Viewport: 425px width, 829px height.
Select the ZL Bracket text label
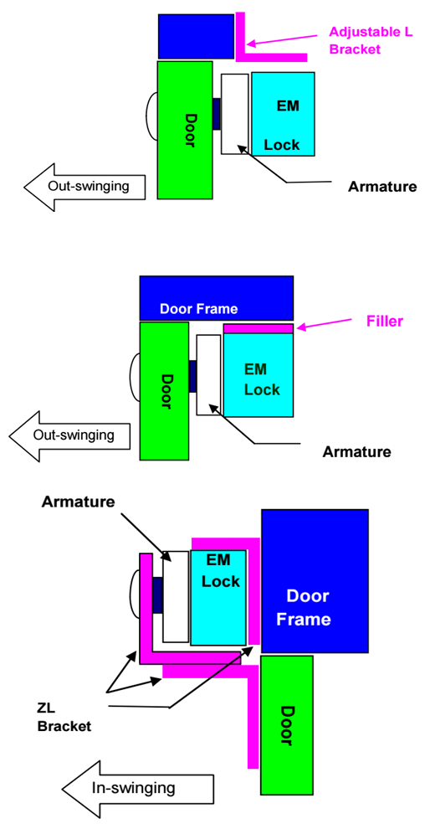coord(64,718)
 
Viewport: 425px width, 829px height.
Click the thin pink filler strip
coord(259,328)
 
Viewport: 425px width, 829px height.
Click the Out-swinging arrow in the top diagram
coord(85,188)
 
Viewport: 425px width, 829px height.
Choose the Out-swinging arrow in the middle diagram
coord(69,435)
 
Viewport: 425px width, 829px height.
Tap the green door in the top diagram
coord(185,130)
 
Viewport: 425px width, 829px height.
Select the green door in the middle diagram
coord(164,391)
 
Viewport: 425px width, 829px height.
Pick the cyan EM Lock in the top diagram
coord(283,114)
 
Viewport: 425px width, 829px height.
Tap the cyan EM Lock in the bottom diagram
coord(218,597)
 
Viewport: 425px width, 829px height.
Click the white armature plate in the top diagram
coord(234,114)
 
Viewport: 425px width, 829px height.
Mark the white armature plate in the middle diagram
coord(208,375)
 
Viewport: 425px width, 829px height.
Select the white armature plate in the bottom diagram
coord(176,596)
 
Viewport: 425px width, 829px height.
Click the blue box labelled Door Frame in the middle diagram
coord(217,297)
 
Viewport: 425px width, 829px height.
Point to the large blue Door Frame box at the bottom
coord(315,581)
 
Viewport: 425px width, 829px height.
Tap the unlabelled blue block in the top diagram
coord(196,36)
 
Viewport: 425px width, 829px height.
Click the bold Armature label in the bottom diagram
coord(78,502)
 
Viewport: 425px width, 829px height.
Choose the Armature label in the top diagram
coord(382,187)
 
